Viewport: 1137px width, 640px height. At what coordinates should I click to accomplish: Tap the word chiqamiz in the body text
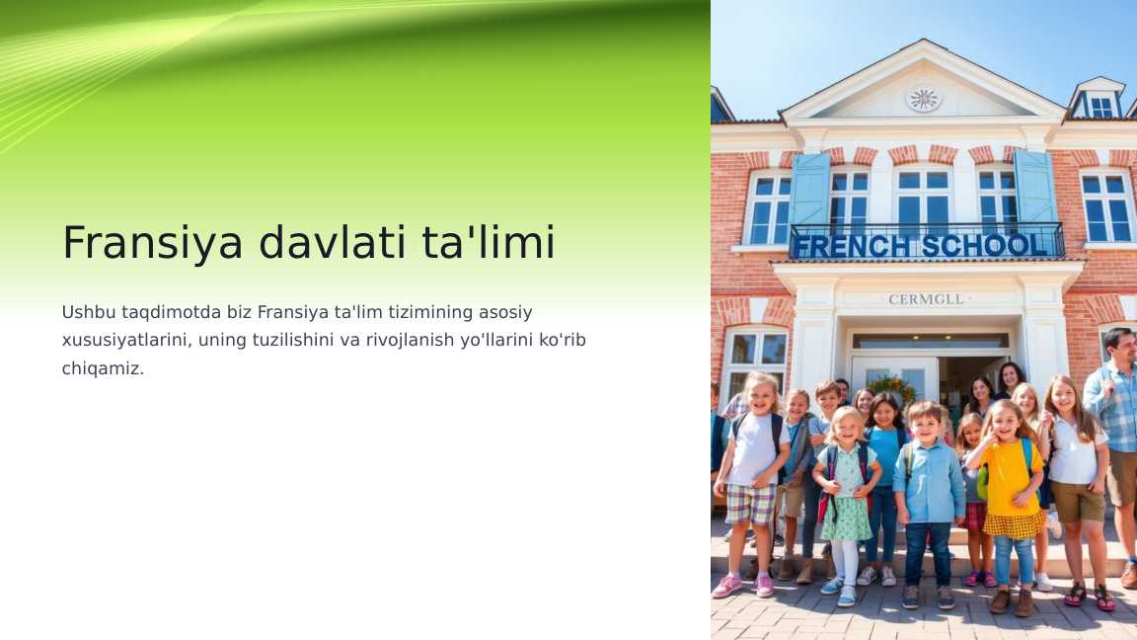click(x=102, y=368)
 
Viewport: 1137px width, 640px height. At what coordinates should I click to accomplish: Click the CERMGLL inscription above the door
click(x=926, y=299)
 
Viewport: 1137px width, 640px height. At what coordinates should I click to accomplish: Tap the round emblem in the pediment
click(x=924, y=98)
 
